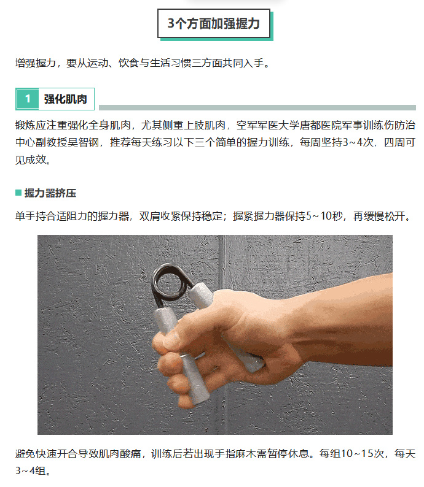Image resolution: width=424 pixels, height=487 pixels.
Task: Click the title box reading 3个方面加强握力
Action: pyautogui.click(x=214, y=23)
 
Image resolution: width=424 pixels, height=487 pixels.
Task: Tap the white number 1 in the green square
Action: pyautogui.click(x=28, y=99)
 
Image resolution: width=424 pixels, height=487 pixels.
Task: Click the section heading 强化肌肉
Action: pyautogui.click(x=65, y=99)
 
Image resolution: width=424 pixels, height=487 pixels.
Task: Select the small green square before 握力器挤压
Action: pyautogui.click(x=18, y=193)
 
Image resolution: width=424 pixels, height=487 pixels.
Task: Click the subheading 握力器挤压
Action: pyautogui.click(x=50, y=193)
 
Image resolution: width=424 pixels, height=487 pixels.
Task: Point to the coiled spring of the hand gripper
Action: pyautogui.click(x=169, y=283)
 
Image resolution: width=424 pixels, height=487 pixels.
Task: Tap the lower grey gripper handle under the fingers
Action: pyautogui.click(x=193, y=380)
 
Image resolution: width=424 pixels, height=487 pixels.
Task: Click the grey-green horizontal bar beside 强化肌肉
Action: pyautogui.click(x=257, y=107)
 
